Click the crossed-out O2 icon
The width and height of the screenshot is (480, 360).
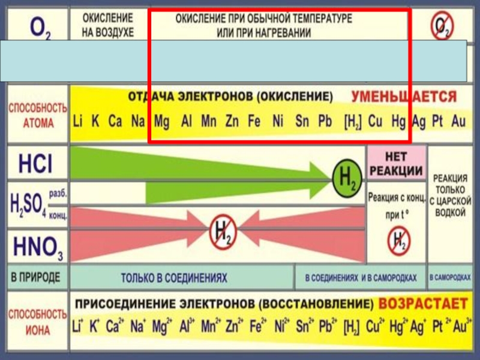443,25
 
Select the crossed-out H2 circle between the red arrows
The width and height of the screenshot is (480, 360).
223,230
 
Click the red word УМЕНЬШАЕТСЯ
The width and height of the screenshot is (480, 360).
403,97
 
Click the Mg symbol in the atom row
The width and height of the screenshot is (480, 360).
161,121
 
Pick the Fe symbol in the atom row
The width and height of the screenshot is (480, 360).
254,121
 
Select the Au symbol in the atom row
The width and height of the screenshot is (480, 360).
458,121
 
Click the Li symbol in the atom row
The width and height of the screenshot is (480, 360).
78,121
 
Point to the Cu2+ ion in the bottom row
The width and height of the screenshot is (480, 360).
376,328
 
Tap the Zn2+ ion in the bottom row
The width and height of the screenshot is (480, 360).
233,328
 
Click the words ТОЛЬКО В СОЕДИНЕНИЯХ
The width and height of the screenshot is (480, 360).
174,278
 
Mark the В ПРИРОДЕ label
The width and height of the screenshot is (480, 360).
35,278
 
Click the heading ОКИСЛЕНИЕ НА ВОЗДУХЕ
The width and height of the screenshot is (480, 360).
108,25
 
